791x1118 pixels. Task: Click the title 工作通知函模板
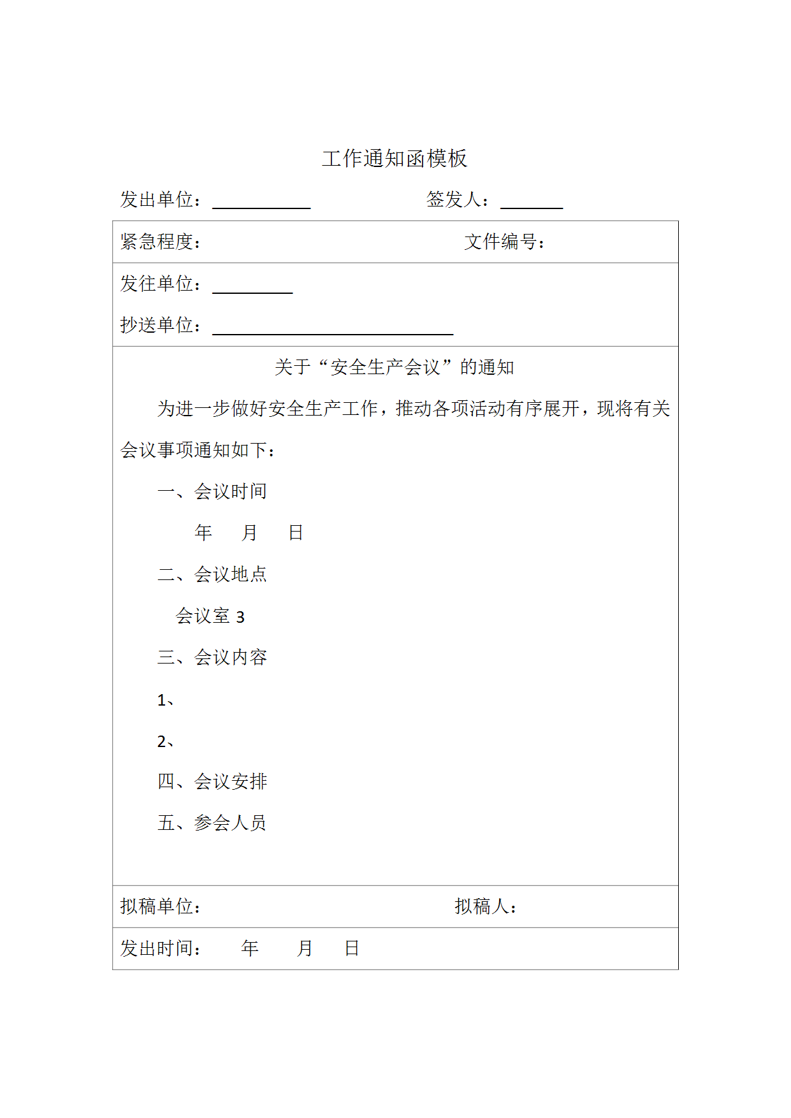click(x=395, y=159)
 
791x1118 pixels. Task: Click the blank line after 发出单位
click(x=261, y=207)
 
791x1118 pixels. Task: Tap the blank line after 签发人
click(x=532, y=207)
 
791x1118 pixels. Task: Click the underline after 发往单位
click(x=252, y=291)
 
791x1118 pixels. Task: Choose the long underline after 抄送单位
click(x=333, y=333)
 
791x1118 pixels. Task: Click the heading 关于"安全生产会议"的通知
click(x=395, y=367)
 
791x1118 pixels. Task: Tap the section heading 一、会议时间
click(x=212, y=491)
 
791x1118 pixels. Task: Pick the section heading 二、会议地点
click(x=212, y=574)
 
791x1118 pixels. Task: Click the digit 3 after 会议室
click(x=240, y=617)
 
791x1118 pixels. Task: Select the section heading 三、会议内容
click(x=212, y=657)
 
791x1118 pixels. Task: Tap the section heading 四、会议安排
click(x=212, y=781)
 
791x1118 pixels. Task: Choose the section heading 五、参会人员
click(x=212, y=823)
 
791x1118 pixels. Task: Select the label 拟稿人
click(x=485, y=906)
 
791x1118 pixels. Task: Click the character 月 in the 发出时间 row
click(x=305, y=948)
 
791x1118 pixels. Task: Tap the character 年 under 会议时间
click(x=203, y=533)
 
